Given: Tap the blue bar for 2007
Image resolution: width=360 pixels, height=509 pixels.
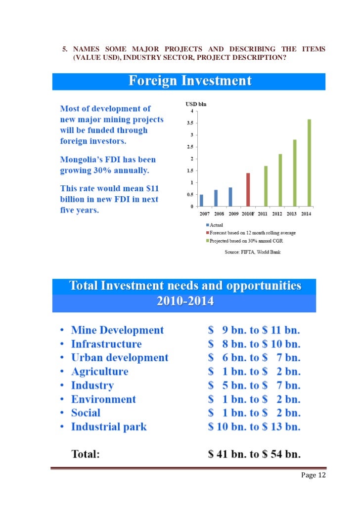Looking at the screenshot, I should (x=201, y=200).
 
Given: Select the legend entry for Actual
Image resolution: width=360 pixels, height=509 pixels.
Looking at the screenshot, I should (x=215, y=225).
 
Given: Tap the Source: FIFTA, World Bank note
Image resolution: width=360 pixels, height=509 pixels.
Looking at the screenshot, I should (x=253, y=252).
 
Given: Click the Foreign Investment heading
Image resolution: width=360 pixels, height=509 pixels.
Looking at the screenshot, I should (x=190, y=81).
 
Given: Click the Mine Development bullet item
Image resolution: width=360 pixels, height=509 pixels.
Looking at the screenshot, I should (x=117, y=330).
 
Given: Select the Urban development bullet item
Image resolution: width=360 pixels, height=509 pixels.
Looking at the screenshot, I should (x=120, y=358).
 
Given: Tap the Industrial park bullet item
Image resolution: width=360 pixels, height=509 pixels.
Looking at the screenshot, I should (x=109, y=427).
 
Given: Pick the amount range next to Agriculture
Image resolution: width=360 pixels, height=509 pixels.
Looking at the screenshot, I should (x=254, y=372).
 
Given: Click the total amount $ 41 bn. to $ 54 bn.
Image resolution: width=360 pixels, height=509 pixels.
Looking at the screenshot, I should (x=254, y=454).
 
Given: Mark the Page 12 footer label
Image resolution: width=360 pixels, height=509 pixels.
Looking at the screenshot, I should (x=312, y=475).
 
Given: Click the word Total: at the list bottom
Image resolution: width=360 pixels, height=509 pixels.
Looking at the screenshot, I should (x=86, y=454).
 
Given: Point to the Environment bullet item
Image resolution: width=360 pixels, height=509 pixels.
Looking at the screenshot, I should (x=103, y=399).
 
